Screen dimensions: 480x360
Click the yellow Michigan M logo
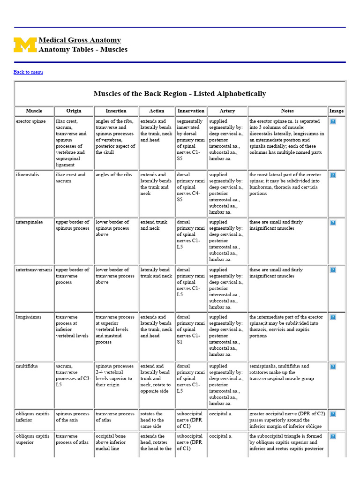(25, 45)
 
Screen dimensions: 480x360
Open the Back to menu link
(28, 72)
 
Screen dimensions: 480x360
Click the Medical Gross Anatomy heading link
(80, 40)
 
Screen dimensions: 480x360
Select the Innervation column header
(191, 111)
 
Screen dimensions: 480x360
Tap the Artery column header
(227, 111)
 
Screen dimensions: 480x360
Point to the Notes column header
(287, 111)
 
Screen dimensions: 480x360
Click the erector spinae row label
(29, 121)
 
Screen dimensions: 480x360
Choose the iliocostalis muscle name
(28, 174)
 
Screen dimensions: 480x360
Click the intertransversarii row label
(34, 270)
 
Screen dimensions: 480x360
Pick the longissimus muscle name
(29, 317)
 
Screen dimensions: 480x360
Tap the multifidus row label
(27, 366)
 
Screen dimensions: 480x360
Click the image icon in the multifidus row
(333, 367)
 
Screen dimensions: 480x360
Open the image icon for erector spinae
(333, 121)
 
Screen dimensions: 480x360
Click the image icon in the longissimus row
(333, 317)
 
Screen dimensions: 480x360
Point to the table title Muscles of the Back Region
(180, 93)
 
